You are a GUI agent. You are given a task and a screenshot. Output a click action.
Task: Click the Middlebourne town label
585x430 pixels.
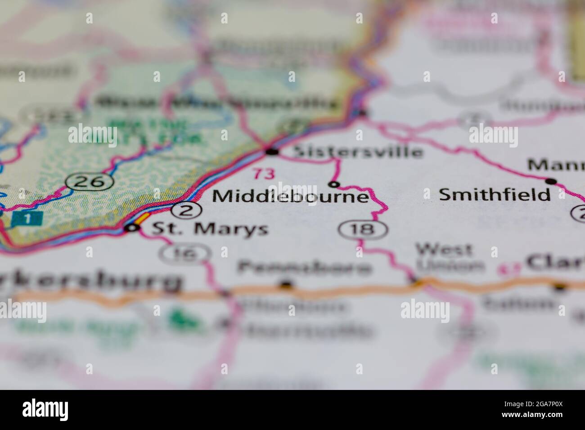pos(291,197)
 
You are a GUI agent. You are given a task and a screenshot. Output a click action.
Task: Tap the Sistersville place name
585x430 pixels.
pos(358,152)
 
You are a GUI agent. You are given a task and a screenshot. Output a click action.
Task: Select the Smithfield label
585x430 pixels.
pos(495,194)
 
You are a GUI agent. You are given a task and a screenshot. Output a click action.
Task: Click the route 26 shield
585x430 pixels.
pos(90,181)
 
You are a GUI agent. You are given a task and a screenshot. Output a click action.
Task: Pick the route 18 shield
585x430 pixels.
pos(363,229)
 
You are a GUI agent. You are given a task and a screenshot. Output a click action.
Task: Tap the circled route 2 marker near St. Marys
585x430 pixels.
pos(186,210)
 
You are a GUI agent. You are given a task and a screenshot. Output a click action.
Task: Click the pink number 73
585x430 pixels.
pos(263,174)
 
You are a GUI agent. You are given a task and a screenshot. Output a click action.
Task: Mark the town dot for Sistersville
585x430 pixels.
pos(272,152)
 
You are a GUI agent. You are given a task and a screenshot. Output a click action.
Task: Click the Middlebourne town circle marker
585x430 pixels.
pos(334,184)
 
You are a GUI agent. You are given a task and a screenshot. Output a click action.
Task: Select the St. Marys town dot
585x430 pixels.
pos(131,228)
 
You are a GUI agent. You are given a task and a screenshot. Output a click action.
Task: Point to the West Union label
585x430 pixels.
pos(444,257)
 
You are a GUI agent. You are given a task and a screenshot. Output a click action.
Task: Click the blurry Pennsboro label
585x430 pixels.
pos(305,268)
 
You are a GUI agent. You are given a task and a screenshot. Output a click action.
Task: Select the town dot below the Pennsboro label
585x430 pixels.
pos(286,284)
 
